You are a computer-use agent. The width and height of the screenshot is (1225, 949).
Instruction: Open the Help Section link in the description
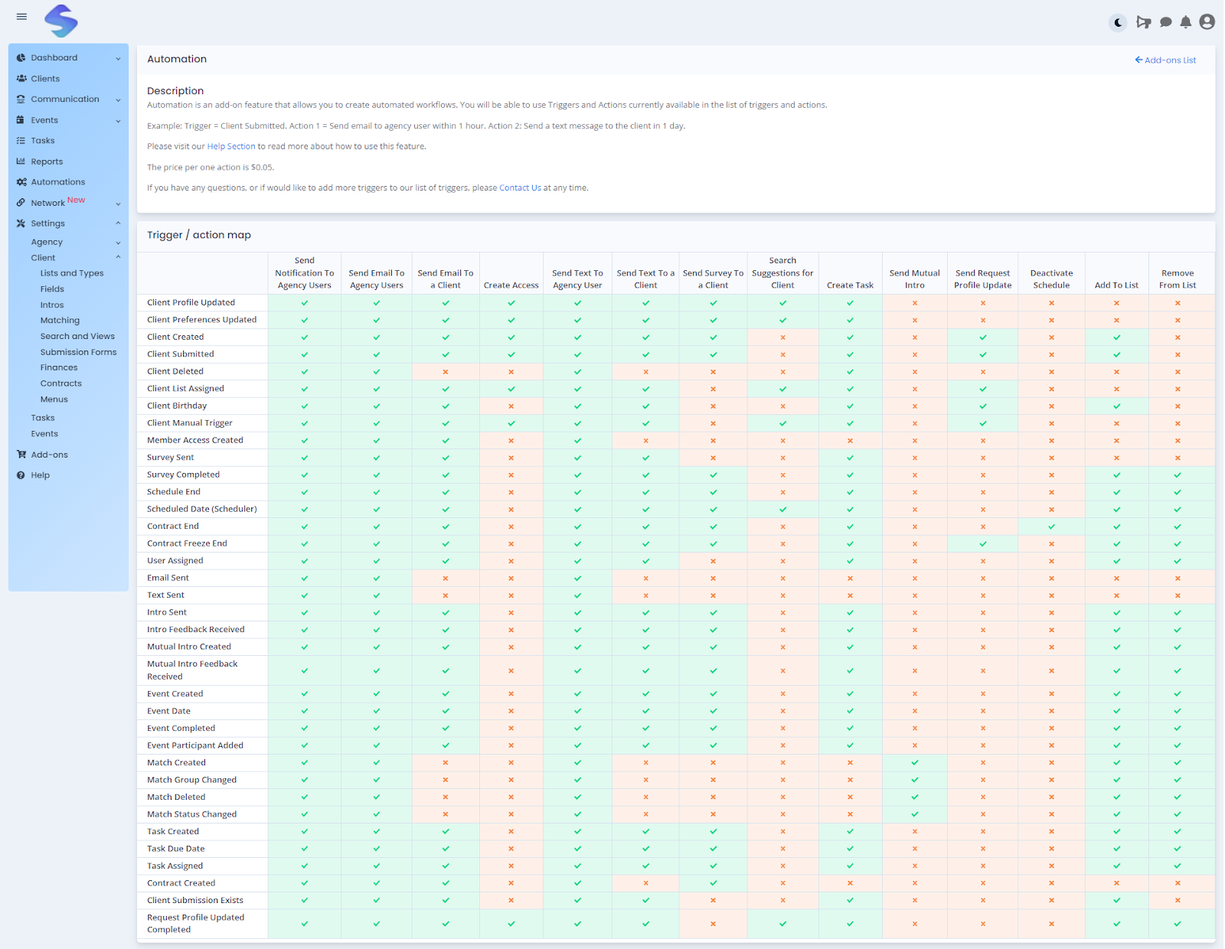230,146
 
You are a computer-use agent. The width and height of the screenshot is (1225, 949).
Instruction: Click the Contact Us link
520,188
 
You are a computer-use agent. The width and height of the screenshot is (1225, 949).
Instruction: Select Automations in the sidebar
57,182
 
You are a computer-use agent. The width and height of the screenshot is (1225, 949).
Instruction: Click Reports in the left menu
47,161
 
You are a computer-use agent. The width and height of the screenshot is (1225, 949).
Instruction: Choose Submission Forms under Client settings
78,352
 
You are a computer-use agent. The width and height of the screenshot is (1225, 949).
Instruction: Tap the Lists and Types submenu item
71,273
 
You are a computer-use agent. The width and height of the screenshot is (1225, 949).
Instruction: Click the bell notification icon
1185,22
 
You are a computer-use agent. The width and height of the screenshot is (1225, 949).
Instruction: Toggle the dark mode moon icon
1119,22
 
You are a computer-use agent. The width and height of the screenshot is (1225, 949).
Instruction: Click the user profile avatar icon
1207,22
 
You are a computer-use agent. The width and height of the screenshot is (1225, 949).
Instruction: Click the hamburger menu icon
21,17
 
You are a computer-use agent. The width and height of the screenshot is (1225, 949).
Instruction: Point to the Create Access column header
511,285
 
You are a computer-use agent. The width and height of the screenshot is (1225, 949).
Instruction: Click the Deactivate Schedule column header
1051,279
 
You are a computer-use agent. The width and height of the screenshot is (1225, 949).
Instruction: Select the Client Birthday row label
177,406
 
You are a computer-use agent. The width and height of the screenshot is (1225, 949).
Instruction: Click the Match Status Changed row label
191,814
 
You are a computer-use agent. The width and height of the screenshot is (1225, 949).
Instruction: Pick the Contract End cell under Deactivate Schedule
1051,527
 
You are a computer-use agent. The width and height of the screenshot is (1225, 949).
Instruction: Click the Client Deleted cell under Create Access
511,372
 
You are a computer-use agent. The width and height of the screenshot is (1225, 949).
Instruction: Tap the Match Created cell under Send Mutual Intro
914,763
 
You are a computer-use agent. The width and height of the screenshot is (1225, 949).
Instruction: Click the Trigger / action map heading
199,235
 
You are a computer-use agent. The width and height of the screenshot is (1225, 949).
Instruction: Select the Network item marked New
48,203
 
